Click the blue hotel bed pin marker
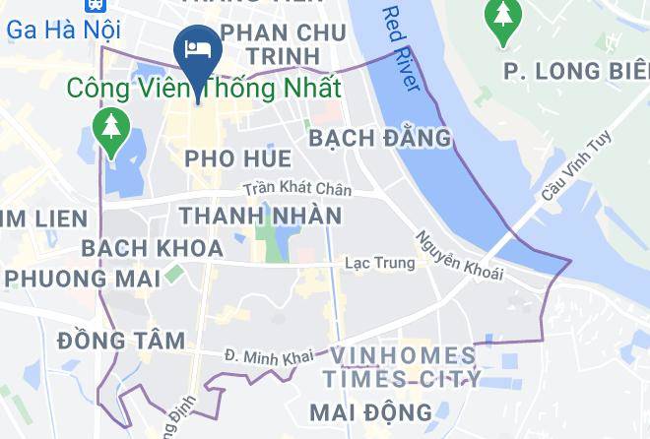click(197, 50)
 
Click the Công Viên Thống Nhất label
click(204, 88)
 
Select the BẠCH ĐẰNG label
click(380, 139)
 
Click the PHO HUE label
click(237, 158)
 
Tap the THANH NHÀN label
click(260, 216)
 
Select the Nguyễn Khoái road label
click(459, 256)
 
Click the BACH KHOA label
click(152, 248)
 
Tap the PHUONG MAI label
click(82, 279)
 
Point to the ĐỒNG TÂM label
click(121, 341)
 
